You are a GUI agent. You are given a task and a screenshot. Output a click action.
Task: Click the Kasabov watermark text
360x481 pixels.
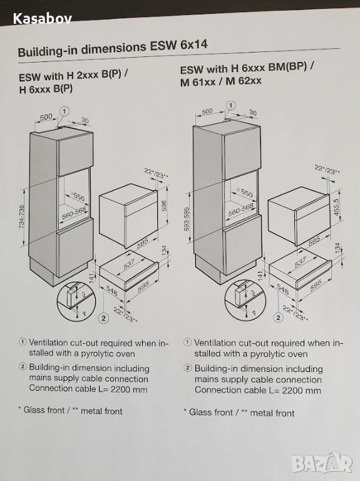click(43, 19)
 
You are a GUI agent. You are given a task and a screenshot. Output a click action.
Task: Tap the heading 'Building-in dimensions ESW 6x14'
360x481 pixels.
click(113, 48)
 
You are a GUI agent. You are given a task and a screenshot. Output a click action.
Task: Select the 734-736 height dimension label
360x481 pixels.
click(22, 217)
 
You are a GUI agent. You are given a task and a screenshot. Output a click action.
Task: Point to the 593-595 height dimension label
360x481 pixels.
click(187, 219)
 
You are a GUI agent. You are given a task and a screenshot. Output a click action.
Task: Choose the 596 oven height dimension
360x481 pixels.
click(164, 206)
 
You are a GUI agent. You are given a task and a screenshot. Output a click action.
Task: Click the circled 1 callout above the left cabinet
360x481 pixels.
click(64, 111)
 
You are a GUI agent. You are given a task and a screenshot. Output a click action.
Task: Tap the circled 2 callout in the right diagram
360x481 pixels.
click(279, 318)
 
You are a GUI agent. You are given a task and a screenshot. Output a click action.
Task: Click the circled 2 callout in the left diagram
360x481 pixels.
click(104, 318)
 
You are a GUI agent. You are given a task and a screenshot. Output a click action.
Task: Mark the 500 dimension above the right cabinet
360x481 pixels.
click(207, 111)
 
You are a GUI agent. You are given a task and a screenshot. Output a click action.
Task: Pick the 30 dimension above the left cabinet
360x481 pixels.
click(85, 120)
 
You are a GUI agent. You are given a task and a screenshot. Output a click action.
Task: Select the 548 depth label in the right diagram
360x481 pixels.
click(283, 288)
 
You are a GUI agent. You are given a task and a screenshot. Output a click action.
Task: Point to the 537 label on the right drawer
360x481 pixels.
click(300, 262)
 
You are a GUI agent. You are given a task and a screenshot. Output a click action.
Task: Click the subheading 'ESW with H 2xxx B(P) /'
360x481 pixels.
click(73, 75)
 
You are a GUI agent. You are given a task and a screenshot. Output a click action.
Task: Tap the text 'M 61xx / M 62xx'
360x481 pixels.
click(221, 81)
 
